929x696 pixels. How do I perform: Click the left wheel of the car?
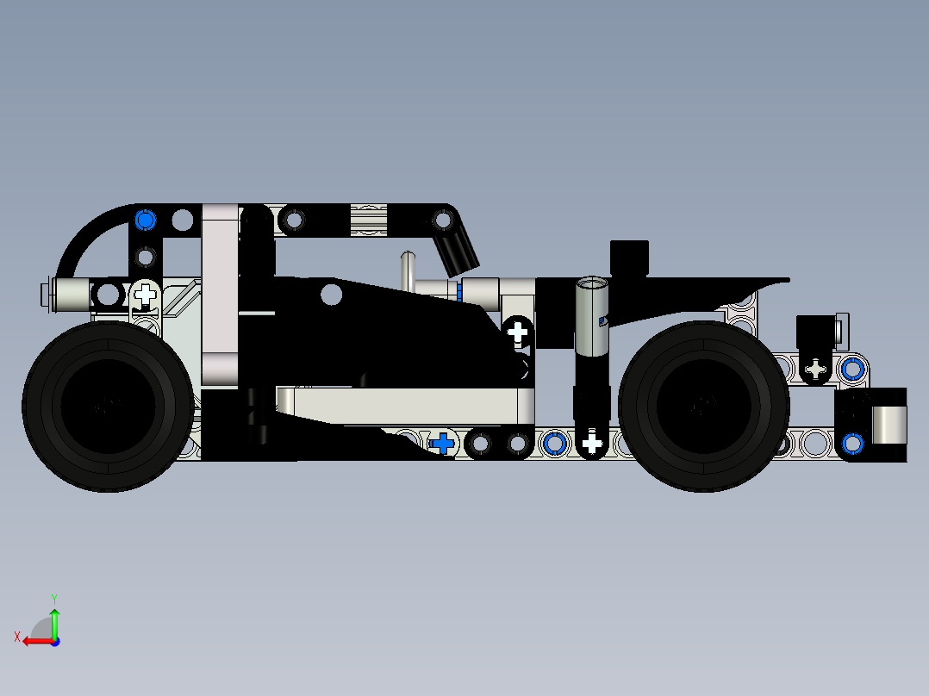click(108, 407)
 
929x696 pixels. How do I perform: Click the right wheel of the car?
click(703, 407)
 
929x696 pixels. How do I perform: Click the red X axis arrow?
click(33, 640)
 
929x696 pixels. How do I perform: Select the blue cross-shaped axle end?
click(442, 444)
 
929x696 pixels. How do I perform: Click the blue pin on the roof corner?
click(145, 221)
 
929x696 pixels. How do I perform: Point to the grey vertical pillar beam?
click(220, 293)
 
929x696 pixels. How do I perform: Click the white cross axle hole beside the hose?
click(146, 295)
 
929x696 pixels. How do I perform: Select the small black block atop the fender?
click(629, 256)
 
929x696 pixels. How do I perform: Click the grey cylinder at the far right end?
click(888, 423)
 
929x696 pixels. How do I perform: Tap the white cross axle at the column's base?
click(591, 444)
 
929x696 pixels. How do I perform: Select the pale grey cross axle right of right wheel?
click(815, 370)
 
